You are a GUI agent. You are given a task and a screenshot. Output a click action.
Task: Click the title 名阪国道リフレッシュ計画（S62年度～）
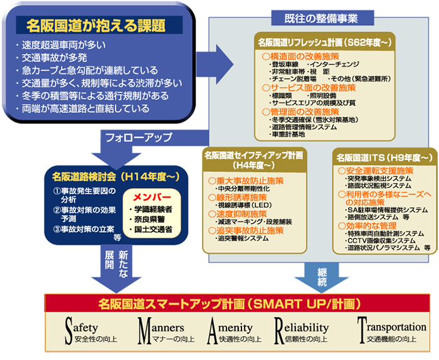tap(324, 43)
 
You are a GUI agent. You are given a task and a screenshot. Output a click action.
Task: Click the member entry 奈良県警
tap(151, 219)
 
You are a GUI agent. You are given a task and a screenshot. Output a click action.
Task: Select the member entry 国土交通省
tap(154, 230)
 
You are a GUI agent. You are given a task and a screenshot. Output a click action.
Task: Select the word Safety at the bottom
tap(88, 328)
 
